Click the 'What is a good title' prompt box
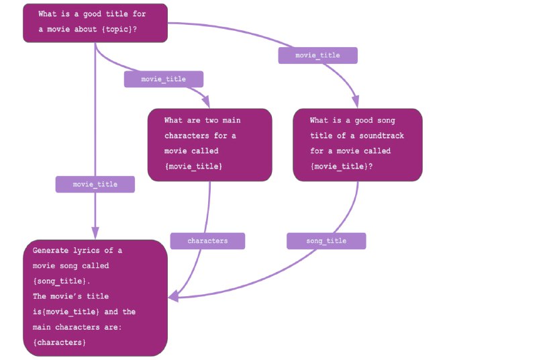click(95, 23)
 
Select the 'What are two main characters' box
click(209, 144)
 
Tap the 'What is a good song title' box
click(357, 144)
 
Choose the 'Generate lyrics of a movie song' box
click(95, 298)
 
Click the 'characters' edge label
click(207, 240)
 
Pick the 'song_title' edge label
click(326, 240)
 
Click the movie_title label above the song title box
click(318, 55)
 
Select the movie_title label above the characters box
click(164, 79)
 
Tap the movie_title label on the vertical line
click(95, 184)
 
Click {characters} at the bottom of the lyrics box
click(59, 343)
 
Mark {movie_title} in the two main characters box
click(193, 165)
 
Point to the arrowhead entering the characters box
click(206, 103)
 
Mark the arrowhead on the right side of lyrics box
click(173, 296)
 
